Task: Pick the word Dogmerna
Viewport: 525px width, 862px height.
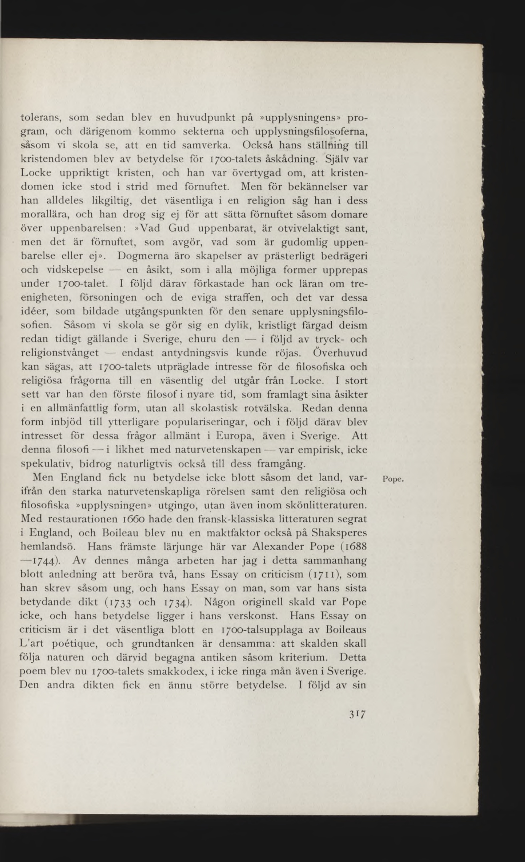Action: tap(143, 256)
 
